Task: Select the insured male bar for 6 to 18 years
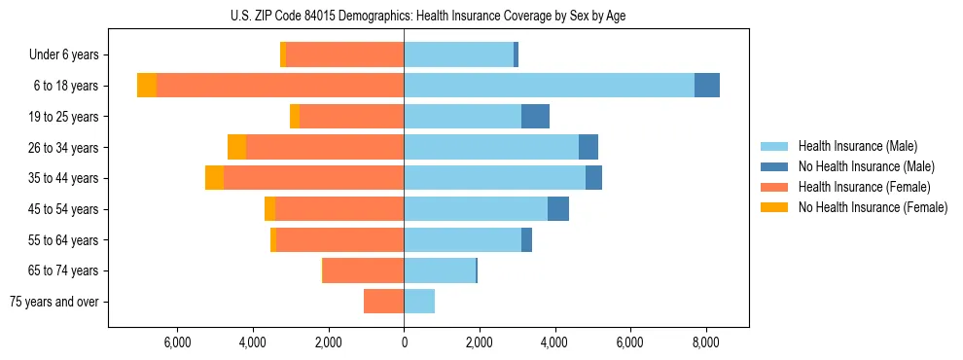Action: click(549, 86)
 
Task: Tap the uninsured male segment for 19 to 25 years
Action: click(535, 117)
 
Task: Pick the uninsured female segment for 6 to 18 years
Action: click(147, 86)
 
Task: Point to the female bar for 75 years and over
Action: click(383, 302)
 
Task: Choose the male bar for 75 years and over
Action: click(419, 302)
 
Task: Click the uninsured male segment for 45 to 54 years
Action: click(558, 209)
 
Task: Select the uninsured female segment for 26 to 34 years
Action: click(236, 147)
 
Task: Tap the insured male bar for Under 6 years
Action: click(458, 54)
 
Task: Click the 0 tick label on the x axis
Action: click(404, 342)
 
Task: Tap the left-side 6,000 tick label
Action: click(177, 342)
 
